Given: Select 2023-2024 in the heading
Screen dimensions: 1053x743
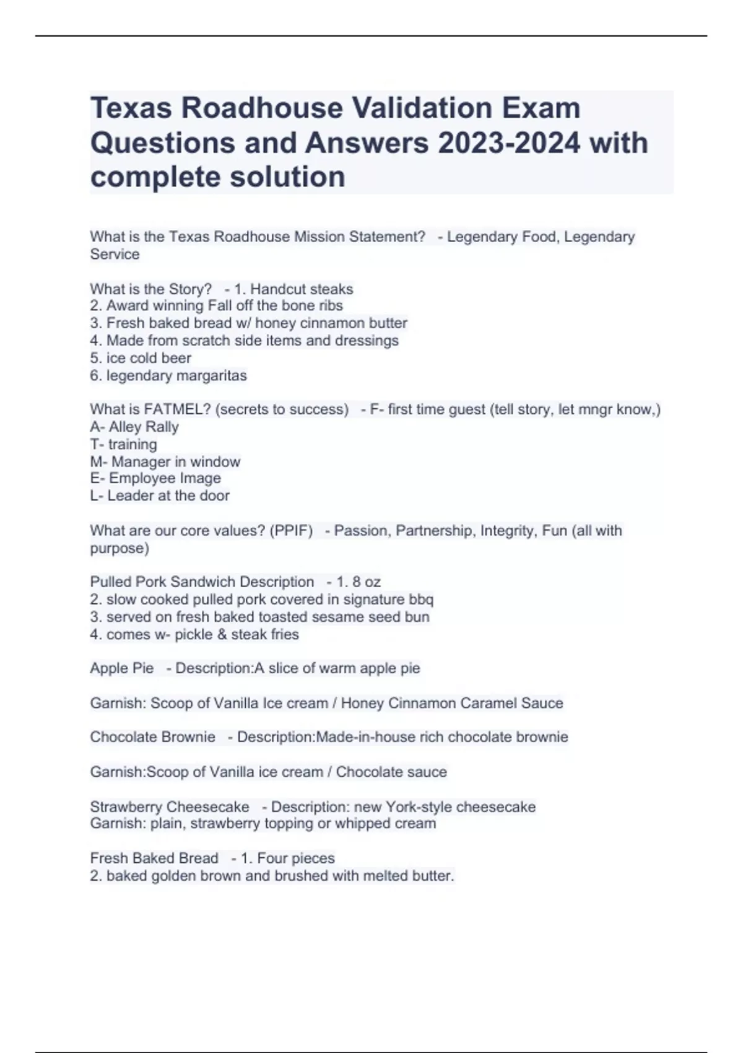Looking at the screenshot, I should click(509, 143).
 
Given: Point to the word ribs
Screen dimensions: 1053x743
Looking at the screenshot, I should click(329, 306).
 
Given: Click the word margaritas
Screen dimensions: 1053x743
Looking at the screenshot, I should click(211, 376).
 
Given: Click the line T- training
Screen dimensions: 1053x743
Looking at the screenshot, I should click(123, 444).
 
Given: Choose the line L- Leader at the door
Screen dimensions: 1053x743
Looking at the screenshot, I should click(160, 496).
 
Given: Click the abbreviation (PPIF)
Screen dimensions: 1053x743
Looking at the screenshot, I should click(291, 531).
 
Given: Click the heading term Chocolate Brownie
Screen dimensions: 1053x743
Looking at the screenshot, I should click(152, 737).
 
